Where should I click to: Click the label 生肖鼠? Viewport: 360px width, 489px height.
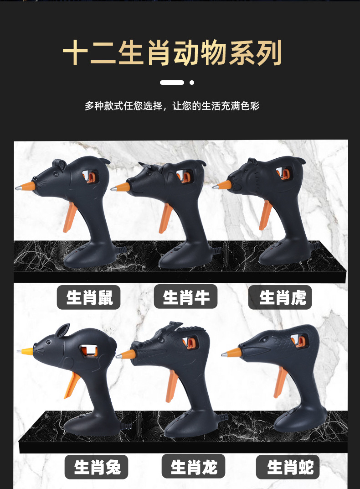88,298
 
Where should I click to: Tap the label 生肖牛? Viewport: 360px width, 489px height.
185,297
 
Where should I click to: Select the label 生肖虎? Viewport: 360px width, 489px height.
280,298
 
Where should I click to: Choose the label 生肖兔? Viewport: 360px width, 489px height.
96,467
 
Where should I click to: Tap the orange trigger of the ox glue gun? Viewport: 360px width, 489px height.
166,218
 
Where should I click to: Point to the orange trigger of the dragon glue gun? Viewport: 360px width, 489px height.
171,385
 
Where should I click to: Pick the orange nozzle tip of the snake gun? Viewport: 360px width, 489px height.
233,353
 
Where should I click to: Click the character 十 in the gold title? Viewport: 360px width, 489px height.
75,54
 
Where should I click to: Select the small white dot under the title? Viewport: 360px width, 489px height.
192,83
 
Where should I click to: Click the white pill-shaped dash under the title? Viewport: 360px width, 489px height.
172,83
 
